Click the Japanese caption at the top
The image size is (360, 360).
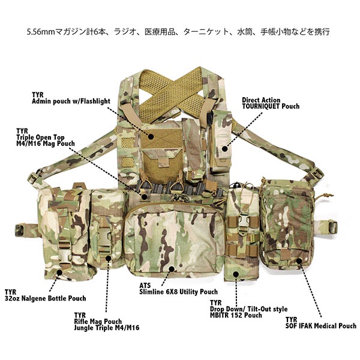[x=179, y=29]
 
